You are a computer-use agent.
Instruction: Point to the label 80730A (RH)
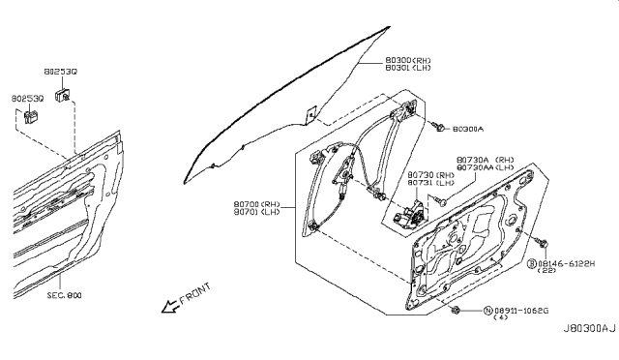point(486,158)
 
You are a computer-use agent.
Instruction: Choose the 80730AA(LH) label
point(486,166)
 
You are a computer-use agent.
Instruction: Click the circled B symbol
point(533,262)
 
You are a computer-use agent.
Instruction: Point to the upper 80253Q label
point(60,71)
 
